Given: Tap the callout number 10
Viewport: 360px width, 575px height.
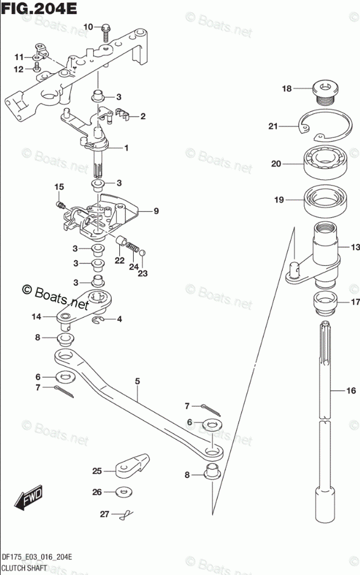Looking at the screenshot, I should point(88,27).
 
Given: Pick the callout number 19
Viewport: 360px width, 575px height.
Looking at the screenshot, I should point(279,200).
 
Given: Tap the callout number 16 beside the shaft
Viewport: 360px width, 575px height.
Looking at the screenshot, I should point(350,391).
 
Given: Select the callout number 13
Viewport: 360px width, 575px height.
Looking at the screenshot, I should point(354,247).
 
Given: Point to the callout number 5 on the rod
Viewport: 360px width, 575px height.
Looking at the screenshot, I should point(137,381).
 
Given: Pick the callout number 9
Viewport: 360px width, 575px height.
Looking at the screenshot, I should point(156,211).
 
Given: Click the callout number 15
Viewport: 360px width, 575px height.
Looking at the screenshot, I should point(58,187).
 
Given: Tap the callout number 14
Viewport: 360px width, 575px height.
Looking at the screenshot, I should point(37,317).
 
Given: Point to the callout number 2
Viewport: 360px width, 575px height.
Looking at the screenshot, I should point(142,116).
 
